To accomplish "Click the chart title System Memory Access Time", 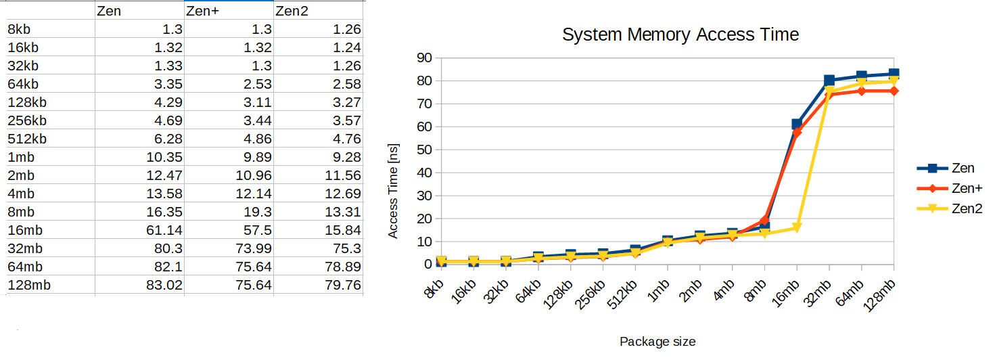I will pyautogui.click(x=680, y=35).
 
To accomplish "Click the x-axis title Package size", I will pyautogui.click(x=657, y=342).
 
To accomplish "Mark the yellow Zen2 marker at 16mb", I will pyautogui.click(x=797, y=228).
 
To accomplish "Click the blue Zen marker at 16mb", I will pyautogui.click(x=797, y=124).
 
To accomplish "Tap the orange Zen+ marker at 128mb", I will pyautogui.click(x=894, y=91).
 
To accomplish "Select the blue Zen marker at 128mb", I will pyautogui.click(x=894, y=74).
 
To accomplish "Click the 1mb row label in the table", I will pyautogui.click(x=22, y=157).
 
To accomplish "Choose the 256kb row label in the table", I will pyautogui.click(x=27, y=120).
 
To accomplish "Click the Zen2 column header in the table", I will pyautogui.click(x=292, y=12).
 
